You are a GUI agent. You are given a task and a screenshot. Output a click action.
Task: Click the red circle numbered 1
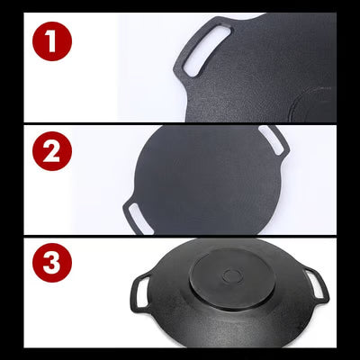point(52,41)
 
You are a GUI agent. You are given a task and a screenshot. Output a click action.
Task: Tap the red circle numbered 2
point(52,151)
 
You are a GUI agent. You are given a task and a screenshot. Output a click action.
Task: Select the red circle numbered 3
point(52,263)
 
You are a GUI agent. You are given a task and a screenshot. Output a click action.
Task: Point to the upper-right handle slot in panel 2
point(271,140)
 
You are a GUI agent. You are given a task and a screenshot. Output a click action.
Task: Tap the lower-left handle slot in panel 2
point(140,219)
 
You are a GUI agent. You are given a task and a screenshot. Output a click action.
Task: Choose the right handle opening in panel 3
point(315,284)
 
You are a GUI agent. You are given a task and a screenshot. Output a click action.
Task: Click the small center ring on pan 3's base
point(232,276)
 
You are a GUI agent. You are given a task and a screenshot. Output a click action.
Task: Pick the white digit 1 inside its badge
point(51,41)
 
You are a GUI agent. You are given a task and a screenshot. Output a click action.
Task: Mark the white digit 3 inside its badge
point(52,263)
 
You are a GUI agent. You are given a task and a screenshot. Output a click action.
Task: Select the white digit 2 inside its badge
point(51,151)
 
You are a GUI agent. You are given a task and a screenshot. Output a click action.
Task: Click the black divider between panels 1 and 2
point(180,123)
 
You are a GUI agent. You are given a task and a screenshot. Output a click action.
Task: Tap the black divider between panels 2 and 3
point(180,237)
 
